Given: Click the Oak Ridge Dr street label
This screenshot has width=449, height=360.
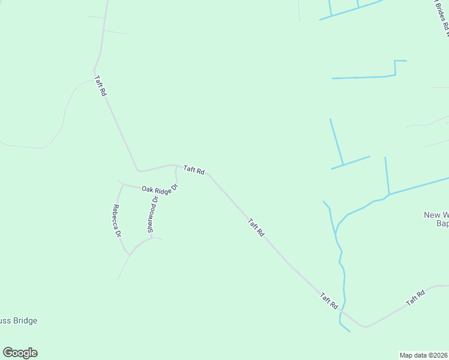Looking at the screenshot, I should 160,188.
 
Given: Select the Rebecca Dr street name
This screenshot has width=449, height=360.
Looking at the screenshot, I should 117,221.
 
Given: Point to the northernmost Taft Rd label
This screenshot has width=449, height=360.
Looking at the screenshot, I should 100,86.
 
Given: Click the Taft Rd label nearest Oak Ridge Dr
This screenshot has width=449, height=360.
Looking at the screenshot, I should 194,171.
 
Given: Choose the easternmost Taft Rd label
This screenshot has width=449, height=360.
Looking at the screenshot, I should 415,298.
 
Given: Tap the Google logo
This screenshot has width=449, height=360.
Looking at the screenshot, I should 20,353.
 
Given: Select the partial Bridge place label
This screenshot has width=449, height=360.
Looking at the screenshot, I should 19,321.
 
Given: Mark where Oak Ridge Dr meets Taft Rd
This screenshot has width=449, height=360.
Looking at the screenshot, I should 175,166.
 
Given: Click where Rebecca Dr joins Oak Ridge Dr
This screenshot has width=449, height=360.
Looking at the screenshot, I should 123,185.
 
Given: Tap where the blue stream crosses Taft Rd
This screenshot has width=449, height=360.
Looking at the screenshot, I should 343,311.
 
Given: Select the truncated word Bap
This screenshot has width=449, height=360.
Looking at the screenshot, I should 442,224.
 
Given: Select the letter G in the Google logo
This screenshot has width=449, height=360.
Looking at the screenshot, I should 8,353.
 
